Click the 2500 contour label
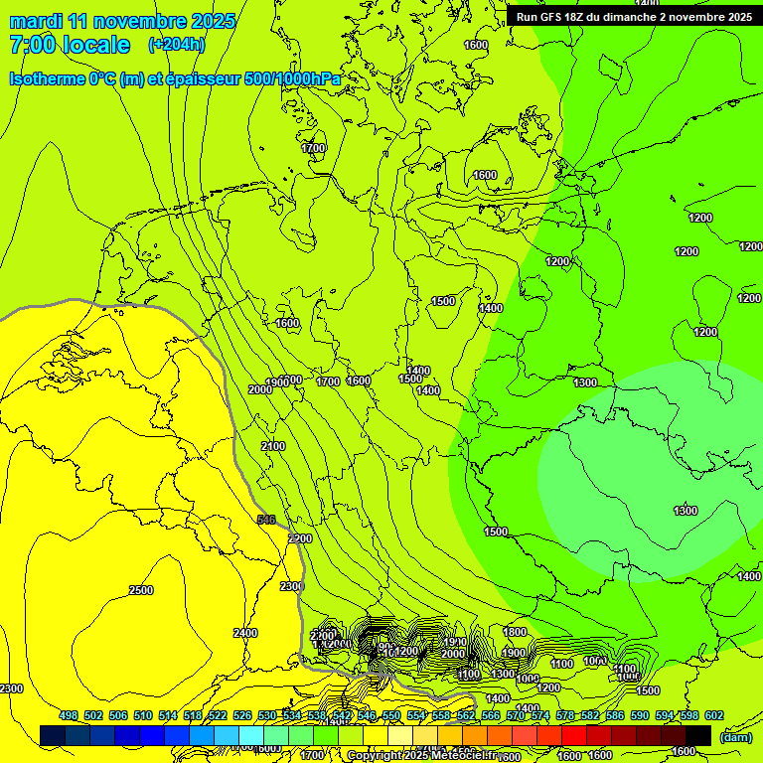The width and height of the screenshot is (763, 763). click(141, 590)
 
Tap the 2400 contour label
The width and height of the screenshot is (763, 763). click(245, 633)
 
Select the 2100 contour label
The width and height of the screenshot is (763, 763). click(273, 446)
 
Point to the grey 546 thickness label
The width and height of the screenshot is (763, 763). click(265, 520)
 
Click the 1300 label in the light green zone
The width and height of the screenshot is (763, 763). click(686, 511)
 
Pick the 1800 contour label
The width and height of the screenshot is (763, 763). click(515, 632)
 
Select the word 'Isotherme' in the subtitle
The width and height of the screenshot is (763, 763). click(46, 78)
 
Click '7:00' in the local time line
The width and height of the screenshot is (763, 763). click(32, 45)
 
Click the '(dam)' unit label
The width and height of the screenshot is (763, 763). click(735, 737)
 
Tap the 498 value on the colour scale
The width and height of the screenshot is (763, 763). click(69, 715)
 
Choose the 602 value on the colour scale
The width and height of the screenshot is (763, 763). click(713, 715)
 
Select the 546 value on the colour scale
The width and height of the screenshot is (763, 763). click(366, 715)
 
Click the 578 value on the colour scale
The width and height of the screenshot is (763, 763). click(564, 715)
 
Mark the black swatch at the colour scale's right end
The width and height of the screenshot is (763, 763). click(698, 735)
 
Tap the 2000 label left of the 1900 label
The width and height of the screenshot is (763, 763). click(259, 389)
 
